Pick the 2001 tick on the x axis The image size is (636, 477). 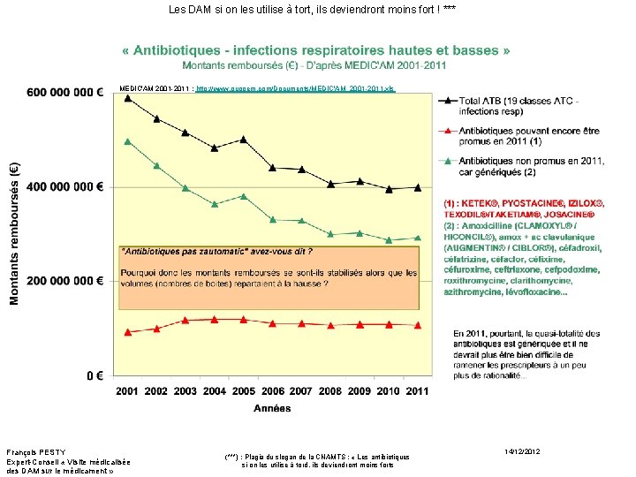[128, 391]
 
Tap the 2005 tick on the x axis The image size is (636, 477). [243, 391]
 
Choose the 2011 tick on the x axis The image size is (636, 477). [417, 391]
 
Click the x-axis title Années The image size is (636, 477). [272, 409]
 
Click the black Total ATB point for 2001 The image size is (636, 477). [128, 97]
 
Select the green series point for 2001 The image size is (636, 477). [128, 141]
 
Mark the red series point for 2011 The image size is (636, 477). [417, 325]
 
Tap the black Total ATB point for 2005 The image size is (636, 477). [243, 140]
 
